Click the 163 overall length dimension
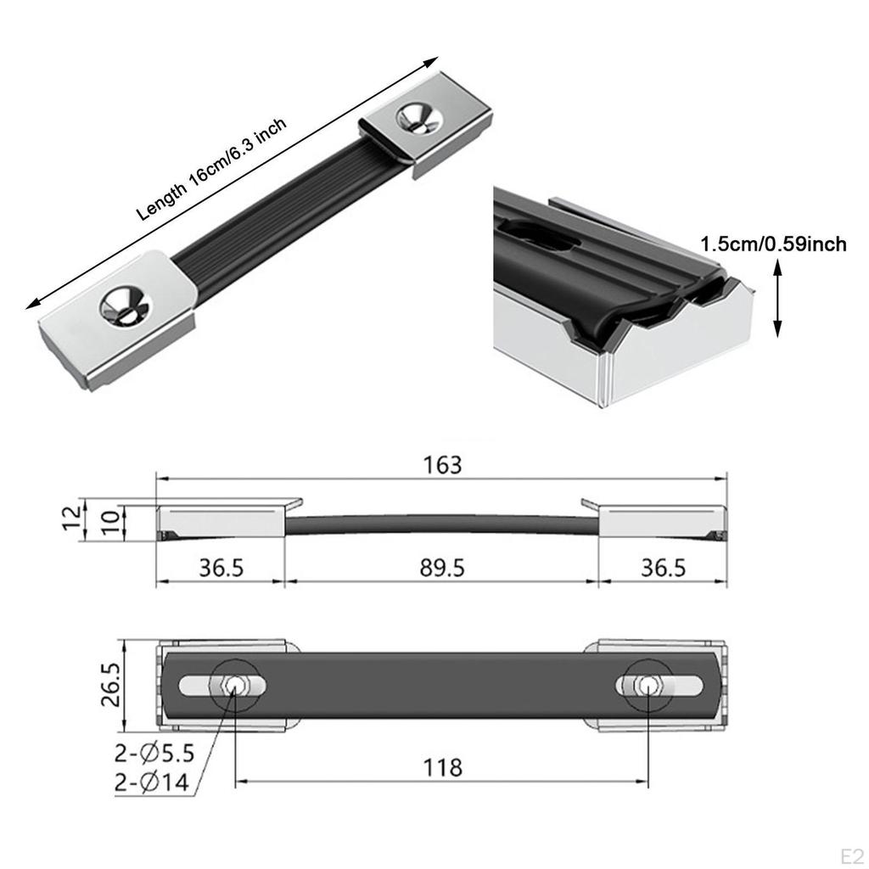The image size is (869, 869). pyautogui.click(x=443, y=465)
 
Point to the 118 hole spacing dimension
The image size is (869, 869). pyautogui.click(x=443, y=768)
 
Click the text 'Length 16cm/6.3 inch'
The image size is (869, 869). pyautogui.click(x=212, y=169)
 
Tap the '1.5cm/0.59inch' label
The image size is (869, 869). pyautogui.click(x=773, y=244)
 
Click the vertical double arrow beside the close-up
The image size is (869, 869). pyautogui.click(x=778, y=300)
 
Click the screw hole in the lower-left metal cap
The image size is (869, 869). pyautogui.click(x=124, y=304)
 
